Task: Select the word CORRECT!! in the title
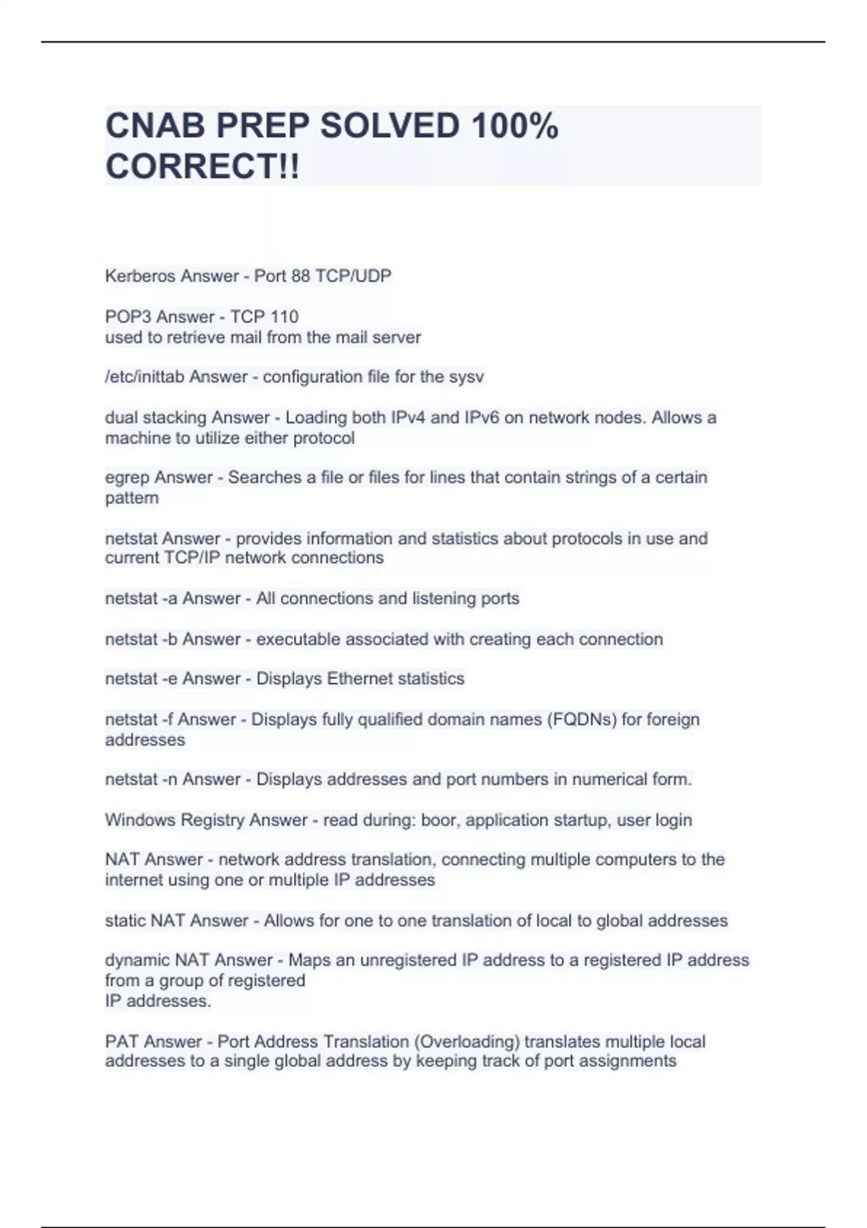click(202, 167)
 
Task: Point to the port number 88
click(301, 276)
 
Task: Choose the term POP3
click(129, 316)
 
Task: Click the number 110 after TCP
click(284, 316)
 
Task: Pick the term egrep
click(127, 477)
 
